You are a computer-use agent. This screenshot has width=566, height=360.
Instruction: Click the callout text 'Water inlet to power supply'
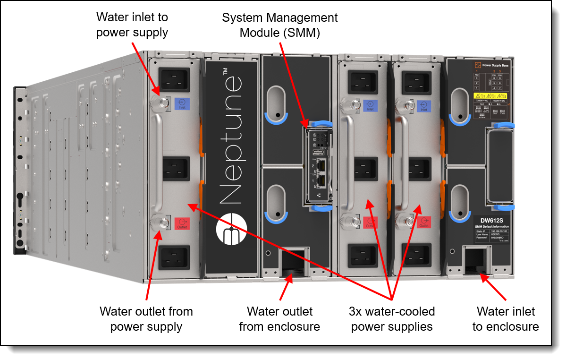tap(132, 25)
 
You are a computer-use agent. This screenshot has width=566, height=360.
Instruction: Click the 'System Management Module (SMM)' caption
tap(279, 25)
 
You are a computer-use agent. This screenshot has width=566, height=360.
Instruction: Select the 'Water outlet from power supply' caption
tap(146, 319)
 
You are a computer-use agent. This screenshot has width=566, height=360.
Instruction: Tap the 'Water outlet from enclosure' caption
tap(279, 319)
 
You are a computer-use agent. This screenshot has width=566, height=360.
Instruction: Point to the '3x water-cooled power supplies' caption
tap(392, 319)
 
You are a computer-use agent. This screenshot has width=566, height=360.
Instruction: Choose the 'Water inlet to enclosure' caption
tap(506, 319)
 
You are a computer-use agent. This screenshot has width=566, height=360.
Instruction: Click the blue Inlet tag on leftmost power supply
tap(182, 103)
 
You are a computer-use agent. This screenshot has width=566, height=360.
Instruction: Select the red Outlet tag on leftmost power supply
tap(182, 223)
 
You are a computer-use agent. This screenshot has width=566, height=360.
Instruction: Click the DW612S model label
tap(491, 221)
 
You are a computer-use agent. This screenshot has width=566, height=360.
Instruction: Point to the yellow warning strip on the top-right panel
tap(491, 96)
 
